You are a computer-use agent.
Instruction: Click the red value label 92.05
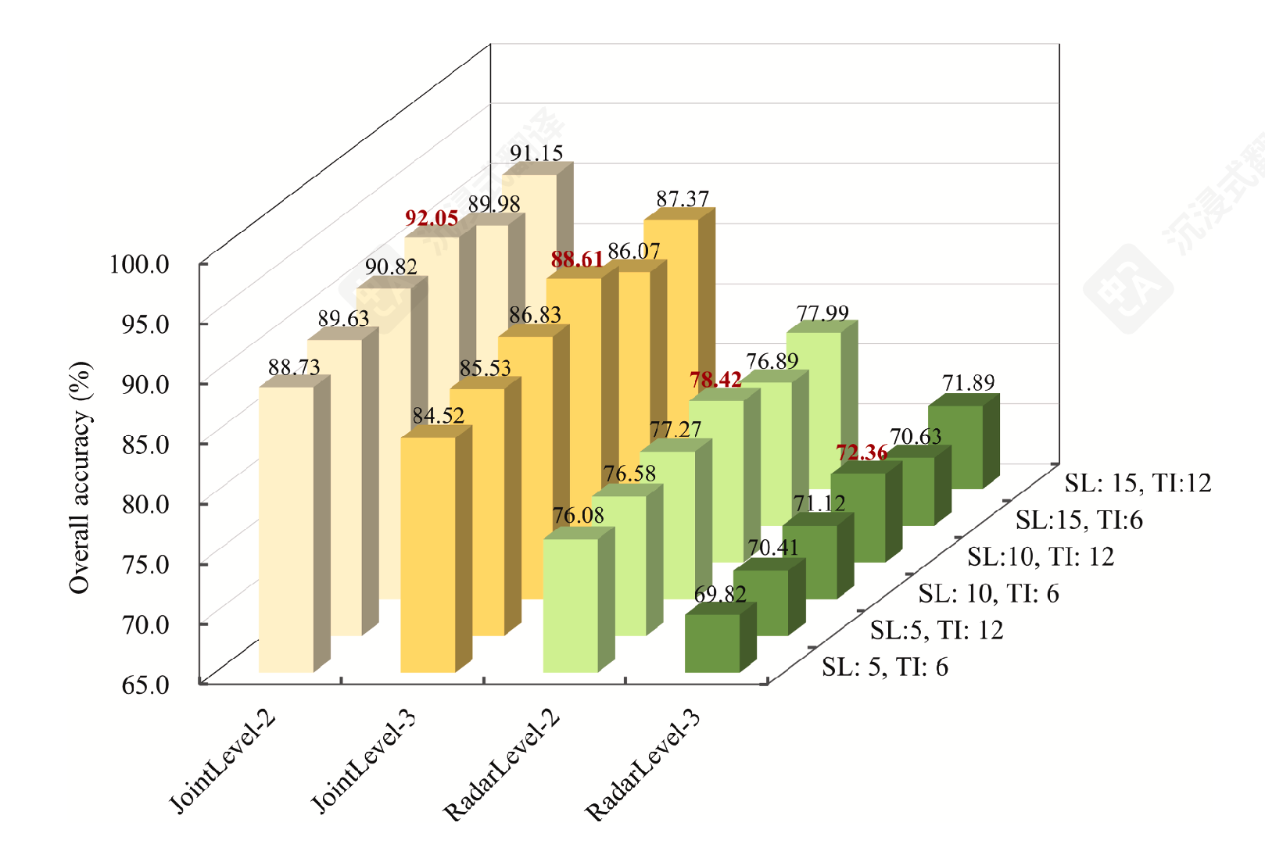[x=432, y=218]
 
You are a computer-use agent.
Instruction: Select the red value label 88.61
[x=577, y=259]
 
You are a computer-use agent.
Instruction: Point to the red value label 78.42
[x=715, y=380]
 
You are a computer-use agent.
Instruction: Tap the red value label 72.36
[x=862, y=452]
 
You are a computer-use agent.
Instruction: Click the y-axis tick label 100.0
[x=139, y=264]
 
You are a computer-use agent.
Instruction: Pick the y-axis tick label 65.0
[x=145, y=685]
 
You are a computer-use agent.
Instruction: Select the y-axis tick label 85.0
[x=145, y=444]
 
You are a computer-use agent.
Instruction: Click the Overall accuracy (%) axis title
[x=80, y=477]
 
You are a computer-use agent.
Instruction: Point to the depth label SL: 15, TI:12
[x=1138, y=483]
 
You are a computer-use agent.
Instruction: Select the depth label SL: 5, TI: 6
[x=884, y=667]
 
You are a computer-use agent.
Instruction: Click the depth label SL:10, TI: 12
[x=1040, y=556]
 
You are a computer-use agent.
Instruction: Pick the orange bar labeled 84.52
[x=428, y=554]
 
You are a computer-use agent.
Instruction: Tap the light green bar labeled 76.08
[x=570, y=605]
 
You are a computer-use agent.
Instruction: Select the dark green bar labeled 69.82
[x=712, y=642]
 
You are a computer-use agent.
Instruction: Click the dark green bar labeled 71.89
[x=955, y=446]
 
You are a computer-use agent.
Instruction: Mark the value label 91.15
[x=536, y=153]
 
